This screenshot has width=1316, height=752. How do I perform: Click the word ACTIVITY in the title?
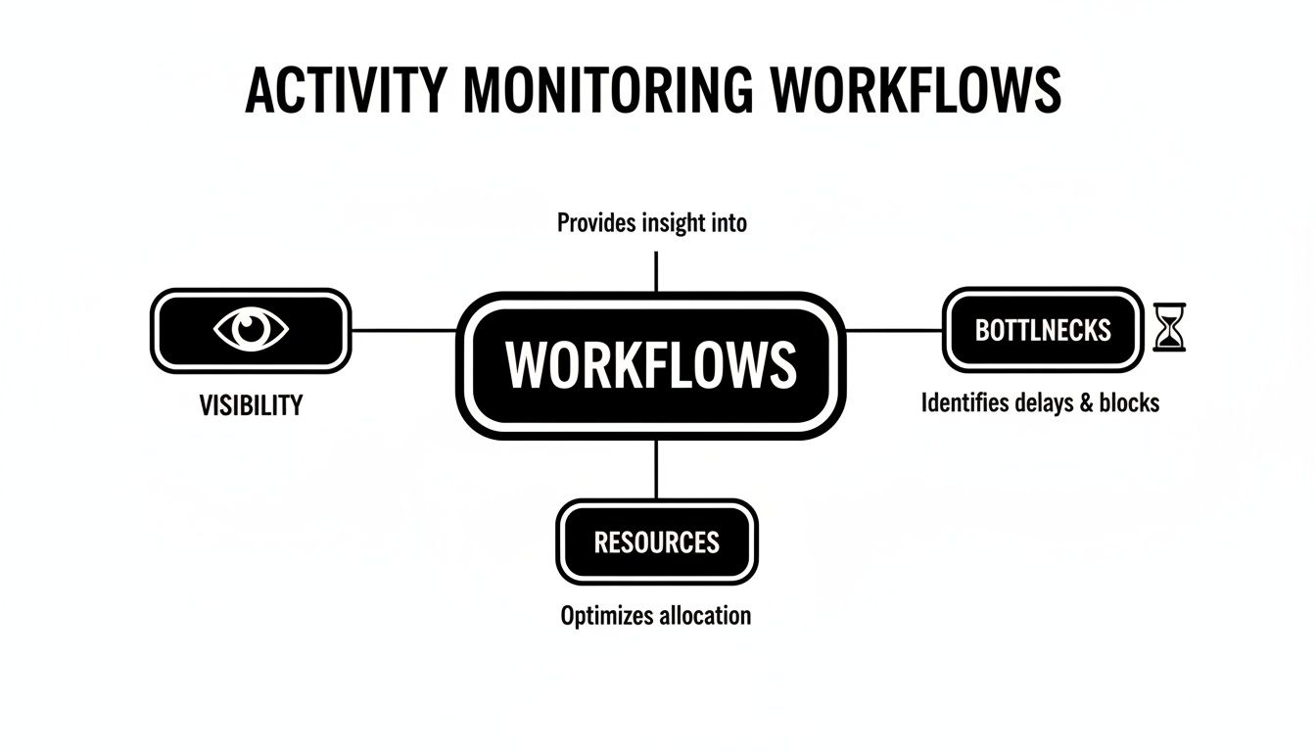pyautogui.click(x=347, y=90)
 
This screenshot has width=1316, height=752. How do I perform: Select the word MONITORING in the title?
pyautogui.click(x=608, y=90)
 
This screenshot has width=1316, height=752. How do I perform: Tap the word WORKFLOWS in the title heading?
pyautogui.click(x=916, y=90)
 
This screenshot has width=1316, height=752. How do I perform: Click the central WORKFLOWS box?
pyautogui.click(x=651, y=365)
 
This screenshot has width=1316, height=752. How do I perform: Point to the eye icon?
pyautogui.click(x=251, y=329)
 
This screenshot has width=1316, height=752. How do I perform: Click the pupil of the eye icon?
pyautogui.click(x=251, y=329)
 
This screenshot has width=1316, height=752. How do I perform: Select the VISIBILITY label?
pyautogui.click(x=251, y=405)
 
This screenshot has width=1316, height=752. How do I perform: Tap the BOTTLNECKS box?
pyautogui.click(x=1043, y=330)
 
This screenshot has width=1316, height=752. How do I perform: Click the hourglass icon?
pyautogui.click(x=1169, y=327)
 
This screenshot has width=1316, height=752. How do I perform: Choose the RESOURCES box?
pyautogui.click(x=657, y=541)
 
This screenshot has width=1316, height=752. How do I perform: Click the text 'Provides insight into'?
pyautogui.click(x=651, y=223)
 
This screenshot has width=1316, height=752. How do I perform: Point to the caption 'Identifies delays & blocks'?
pyautogui.click(x=1040, y=403)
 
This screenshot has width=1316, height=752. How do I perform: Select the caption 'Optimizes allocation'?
pyautogui.click(x=656, y=616)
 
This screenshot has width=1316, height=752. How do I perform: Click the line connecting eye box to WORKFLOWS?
pyautogui.click(x=403, y=331)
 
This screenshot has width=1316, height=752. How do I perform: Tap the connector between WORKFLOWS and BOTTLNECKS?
pyautogui.click(x=894, y=331)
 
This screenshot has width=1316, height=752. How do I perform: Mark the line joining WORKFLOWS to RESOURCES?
pyautogui.click(x=656, y=469)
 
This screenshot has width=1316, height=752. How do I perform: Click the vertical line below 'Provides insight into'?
pyautogui.click(x=656, y=272)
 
